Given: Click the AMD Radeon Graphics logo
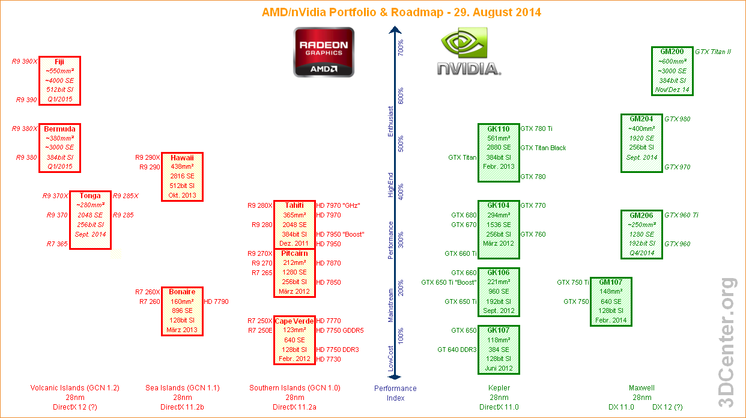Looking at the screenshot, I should click(x=324, y=55).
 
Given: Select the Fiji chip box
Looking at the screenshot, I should click(x=59, y=80).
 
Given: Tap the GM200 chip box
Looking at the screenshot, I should click(x=672, y=71).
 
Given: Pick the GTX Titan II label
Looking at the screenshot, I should click(x=713, y=52).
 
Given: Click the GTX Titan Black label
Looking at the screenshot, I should click(x=543, y=148).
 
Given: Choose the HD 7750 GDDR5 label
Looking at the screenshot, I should click(x=340, y=330).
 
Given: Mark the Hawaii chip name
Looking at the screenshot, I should click(x=182, y=157).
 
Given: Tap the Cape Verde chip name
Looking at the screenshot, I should click(x=294, y=321).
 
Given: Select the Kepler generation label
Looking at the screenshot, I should click(x=499, y=388).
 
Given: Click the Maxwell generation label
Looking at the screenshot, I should click(x=641, y=388).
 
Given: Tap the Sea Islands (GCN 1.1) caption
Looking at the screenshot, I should click(x=183, y=388).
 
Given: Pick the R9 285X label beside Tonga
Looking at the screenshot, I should click(x=126, y=196).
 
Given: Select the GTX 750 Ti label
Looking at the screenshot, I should click(x=572, y=282).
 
